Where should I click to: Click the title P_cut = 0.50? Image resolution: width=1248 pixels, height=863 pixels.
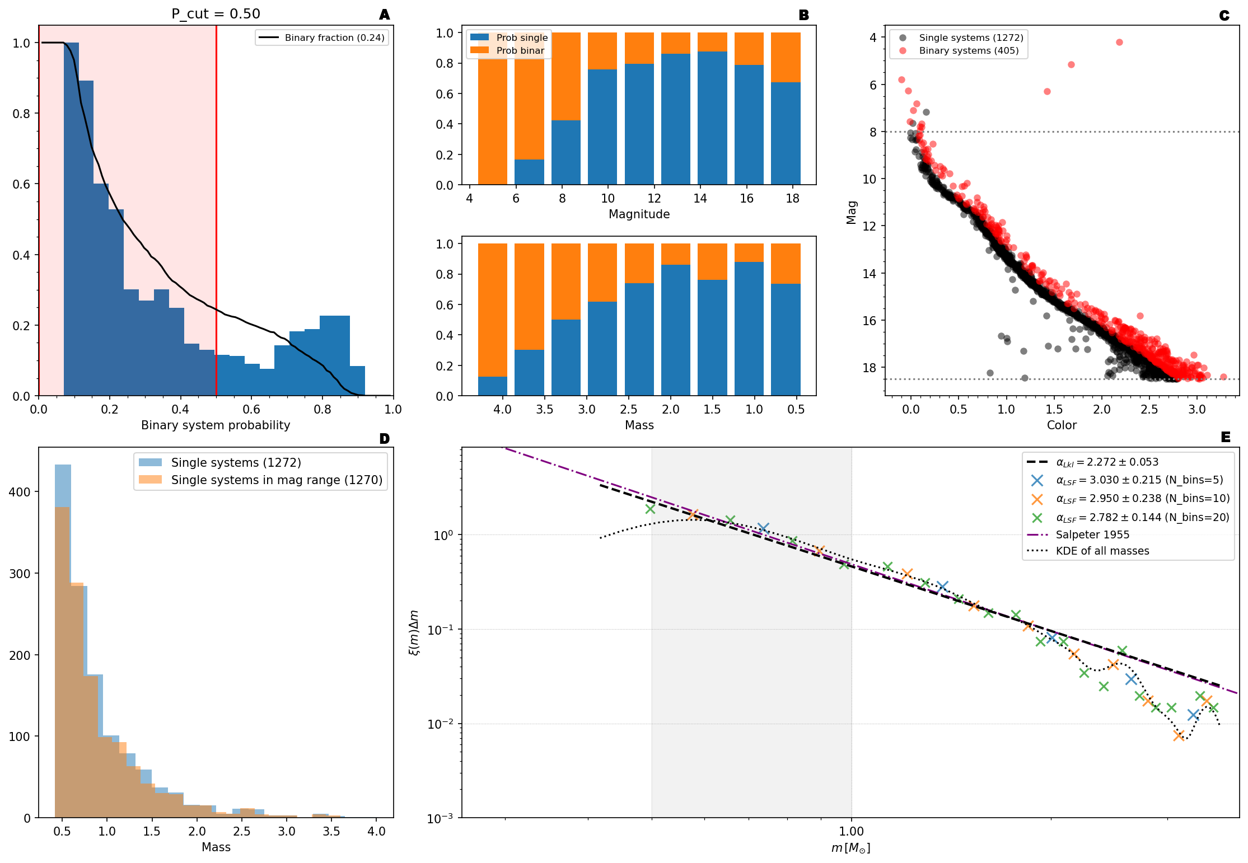point(216,13)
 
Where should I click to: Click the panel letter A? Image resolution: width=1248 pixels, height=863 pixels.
point(384,15)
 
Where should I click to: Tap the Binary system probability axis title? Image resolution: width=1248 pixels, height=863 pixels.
point(216,425)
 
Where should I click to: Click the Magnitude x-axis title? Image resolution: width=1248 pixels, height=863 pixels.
point(639,214)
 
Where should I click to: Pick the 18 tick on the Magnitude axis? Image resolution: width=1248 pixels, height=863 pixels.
point(792,199)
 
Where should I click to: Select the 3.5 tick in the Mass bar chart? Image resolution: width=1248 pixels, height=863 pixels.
point(544,410)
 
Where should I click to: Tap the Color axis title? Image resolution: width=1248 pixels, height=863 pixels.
point(1062,425)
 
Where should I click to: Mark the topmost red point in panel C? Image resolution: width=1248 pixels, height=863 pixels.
point(1119,43)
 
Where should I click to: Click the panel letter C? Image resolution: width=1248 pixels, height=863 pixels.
point(1224,16)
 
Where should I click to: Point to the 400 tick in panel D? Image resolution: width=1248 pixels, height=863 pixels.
point(20,492)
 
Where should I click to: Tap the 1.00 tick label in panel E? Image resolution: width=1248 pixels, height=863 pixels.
point(852,832)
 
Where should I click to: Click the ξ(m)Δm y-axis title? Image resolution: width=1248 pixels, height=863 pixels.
point(414,632)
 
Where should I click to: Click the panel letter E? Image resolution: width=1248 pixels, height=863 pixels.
point(1226,437)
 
